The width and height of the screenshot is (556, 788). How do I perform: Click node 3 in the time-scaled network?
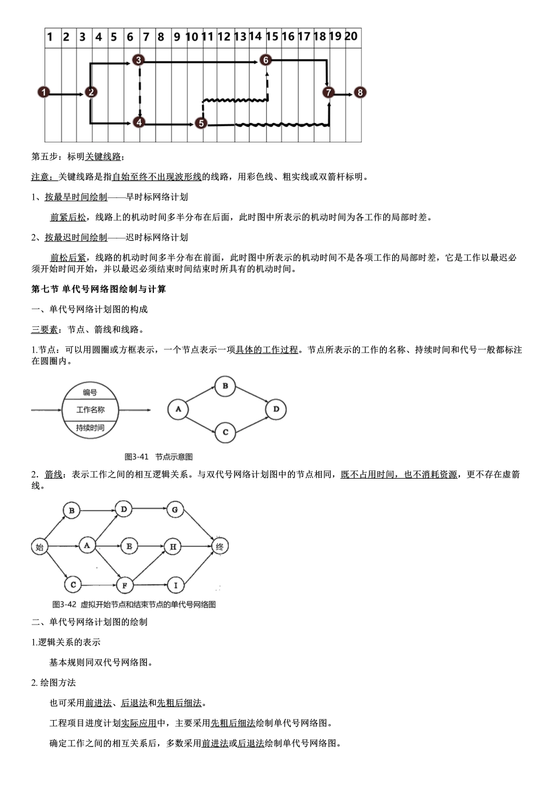pos(138,60)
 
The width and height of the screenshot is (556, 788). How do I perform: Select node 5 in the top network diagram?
pos(201,123)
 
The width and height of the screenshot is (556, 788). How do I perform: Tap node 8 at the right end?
pos(360,92)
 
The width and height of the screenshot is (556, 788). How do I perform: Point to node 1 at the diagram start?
pos(44,92)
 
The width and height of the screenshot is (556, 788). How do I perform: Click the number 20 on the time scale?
pos(351,36)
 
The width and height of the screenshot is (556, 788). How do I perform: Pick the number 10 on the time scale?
pos(191,36)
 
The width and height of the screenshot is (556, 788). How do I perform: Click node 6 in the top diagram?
pos(266,60)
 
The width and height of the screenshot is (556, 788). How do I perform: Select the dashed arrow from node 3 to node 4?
pos(139,91)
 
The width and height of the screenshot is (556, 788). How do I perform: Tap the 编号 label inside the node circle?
pos(90,393)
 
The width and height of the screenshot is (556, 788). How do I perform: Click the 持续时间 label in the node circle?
pos(90,428)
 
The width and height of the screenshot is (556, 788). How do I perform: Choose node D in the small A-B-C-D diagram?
pos(276,409)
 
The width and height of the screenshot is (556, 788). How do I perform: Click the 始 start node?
pos(40,547)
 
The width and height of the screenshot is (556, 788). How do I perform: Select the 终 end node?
pos(219,547)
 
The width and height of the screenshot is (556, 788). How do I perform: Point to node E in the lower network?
pos(129,547)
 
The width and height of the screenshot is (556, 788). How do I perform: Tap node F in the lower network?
pos(124,585)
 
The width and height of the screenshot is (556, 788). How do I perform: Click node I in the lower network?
pos(175,585)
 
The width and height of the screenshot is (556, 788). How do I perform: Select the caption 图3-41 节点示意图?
pos(159,456)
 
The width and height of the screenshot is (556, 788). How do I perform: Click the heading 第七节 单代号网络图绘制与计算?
pos(98,289)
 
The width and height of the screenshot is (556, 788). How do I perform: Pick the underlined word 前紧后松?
pos(68,217)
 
